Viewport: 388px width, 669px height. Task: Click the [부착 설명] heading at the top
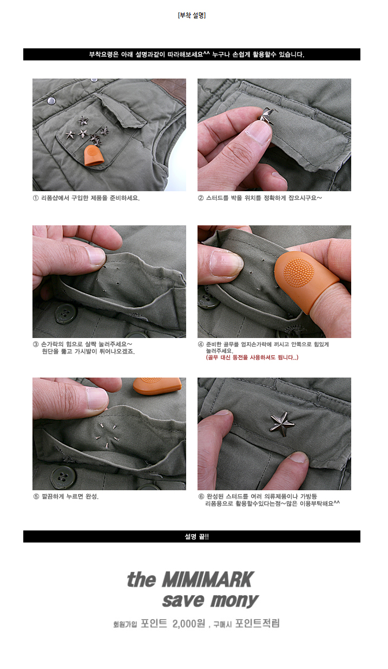click(192, 15)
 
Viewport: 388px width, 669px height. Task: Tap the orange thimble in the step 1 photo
click(94, 155)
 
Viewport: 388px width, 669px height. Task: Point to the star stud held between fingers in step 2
click(266, 115)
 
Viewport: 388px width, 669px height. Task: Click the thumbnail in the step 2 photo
click(260, 132)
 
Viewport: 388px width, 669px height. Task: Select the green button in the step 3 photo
click(65, 313)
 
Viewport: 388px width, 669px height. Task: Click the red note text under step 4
click(252, 358)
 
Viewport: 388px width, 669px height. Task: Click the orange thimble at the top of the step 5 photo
click(156, 386)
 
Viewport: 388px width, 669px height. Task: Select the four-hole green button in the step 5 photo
click(62, 476)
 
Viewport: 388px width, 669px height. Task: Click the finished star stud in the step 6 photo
click(281, 424)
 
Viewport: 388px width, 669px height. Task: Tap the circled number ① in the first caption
click(36, 198)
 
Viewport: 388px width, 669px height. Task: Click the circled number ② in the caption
click(201, 198)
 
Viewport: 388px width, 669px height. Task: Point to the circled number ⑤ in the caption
click(36, 497)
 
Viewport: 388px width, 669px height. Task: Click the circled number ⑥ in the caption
click(201, 497)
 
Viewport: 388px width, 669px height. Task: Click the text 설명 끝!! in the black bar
click(196, 537)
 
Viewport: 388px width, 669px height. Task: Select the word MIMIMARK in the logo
click(208, 580)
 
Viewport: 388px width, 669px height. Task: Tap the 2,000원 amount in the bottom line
click(189, 623)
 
